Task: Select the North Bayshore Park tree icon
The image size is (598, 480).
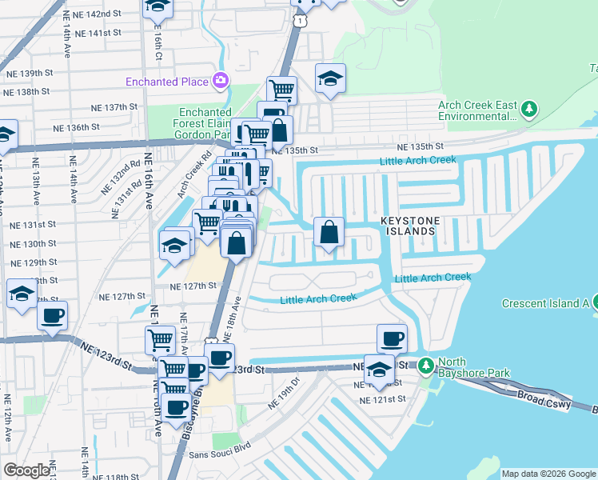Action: tap(426, 365)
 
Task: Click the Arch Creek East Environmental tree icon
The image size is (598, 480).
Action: tap(528, 108)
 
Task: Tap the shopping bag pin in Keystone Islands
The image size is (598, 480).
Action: tap(329, 233)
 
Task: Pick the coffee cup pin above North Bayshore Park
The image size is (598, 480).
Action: tap(392, 339)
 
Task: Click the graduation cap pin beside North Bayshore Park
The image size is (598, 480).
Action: tap(380, 370)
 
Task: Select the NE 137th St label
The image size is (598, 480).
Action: tap(114, 106)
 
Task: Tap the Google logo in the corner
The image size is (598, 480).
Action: tap(26, 470)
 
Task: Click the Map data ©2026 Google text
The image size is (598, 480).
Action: tap(548, 474)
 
